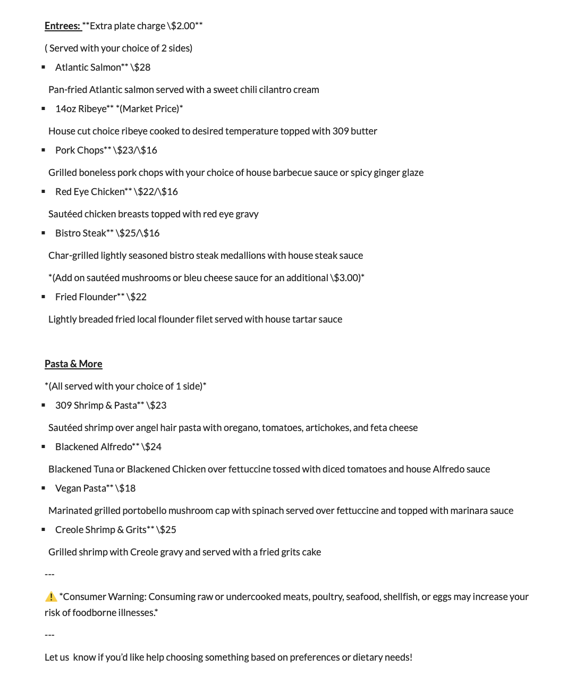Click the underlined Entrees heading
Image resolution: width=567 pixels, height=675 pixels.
coord(62,26)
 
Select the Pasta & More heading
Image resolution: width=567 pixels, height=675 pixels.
coord(73,364)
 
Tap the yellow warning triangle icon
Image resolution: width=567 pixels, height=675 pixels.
coord(51,597)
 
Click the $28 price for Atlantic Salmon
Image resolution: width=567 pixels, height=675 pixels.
coord(142,67)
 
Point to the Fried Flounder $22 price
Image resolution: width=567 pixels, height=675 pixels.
coord(138,297)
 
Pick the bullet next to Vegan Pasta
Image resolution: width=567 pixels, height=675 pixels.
coord(44,488)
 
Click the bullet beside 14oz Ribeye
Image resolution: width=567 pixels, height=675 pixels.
coord(44,108)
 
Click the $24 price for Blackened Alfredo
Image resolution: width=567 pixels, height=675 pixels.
coord(153,447)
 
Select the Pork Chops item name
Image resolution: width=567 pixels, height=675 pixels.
coord(79,150)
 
